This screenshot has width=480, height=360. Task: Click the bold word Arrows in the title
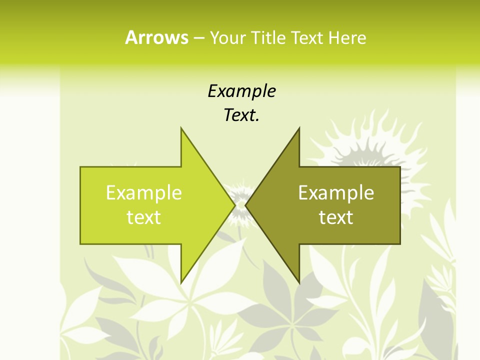pos(156,37)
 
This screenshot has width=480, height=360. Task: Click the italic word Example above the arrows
pos(241,91)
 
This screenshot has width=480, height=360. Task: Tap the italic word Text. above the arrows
pos(241,115)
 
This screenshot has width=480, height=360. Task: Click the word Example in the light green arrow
pos(143,192)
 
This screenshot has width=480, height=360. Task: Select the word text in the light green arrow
pos(143,217)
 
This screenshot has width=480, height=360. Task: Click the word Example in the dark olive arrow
pos(336,192)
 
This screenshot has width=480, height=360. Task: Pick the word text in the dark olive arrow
pos(336,217)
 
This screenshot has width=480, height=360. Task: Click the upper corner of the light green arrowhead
pos(181,128)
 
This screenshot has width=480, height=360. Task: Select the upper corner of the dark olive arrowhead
pos(299,128)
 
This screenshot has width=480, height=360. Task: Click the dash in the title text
pos(198,38)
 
